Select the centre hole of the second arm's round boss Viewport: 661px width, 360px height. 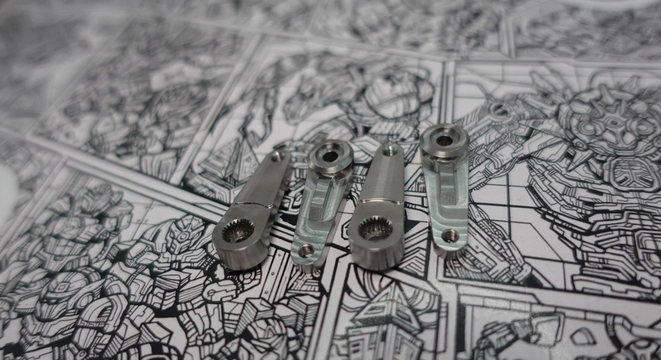330,156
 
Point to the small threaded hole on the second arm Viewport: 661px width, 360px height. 306,252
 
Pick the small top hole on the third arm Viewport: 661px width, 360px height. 392,149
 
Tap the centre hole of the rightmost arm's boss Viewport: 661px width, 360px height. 445,140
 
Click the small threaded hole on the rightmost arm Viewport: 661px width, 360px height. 450,236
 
